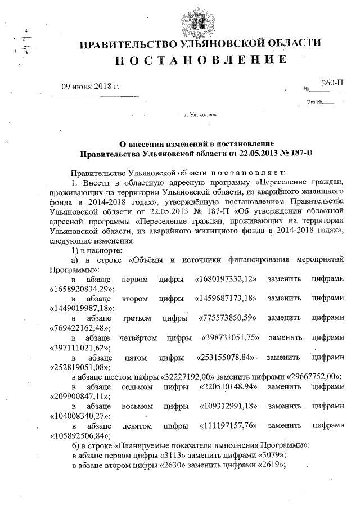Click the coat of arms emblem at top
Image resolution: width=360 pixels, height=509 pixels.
tap(196, 21)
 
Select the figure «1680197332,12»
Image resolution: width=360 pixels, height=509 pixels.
tap(225, 278)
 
